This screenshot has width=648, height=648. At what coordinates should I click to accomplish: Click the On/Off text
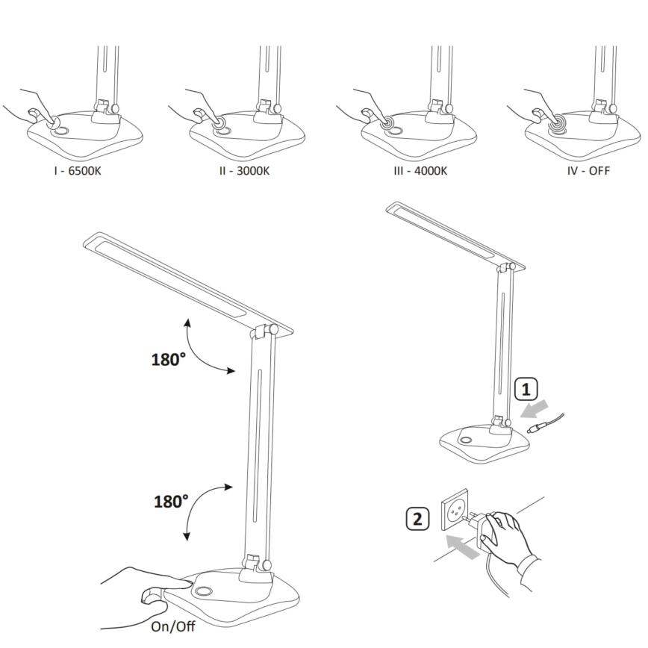[173, 626]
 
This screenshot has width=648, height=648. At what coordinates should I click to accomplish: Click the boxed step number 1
[526, 389]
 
